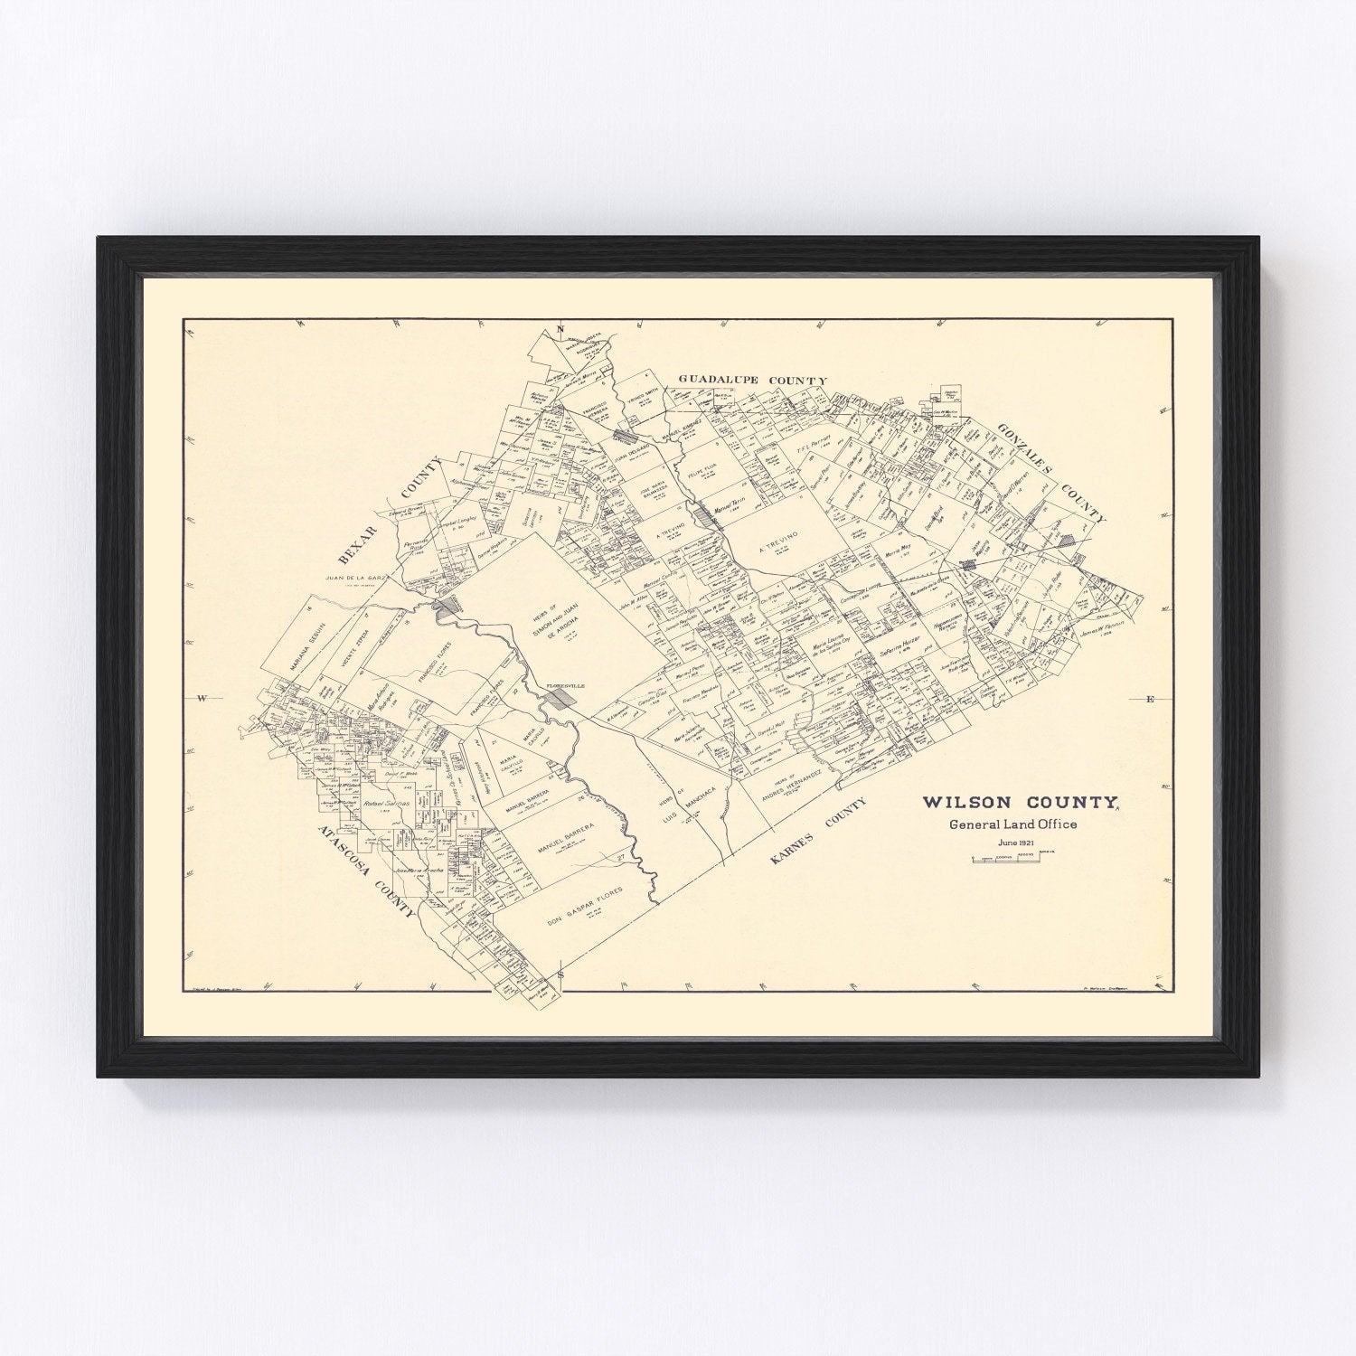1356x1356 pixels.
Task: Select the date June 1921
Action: pyautogui.click(x=1015, y=843)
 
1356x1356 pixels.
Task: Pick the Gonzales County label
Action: pyautogui.click(x=1052, y=471)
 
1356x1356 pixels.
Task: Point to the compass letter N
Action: pyautogui.click(x=560, y=328)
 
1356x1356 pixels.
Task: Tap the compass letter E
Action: pyautogui.click(x=1150, y=699)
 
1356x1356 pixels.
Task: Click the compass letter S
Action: pyautogui.click(x=560, y=975)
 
